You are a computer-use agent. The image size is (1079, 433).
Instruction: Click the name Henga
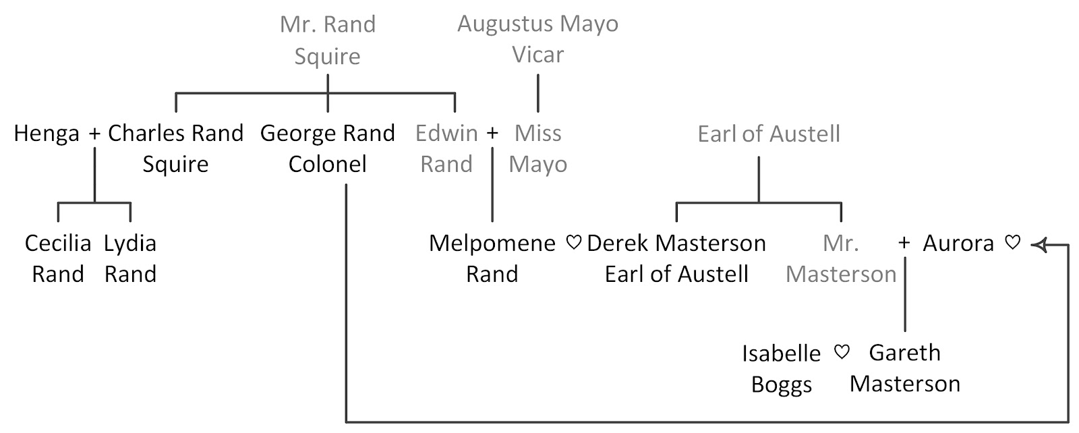tap(47, 134)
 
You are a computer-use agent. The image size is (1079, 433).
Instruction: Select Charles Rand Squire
tap(175, 148)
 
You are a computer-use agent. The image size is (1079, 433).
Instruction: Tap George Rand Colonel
tap(328, 148)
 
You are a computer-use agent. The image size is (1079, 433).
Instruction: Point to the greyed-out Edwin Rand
tap(446, 148)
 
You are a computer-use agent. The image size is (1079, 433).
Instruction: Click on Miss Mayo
tap(537, 148)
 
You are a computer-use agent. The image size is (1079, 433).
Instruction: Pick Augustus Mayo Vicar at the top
tap(537, 39)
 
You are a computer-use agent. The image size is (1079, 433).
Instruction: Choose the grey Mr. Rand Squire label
tap(328, 40)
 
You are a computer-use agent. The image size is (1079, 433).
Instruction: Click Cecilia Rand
tap(58, 258)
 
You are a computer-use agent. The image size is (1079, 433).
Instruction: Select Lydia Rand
tap(130, 258)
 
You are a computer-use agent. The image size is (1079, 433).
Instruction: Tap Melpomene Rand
tap(492, 258)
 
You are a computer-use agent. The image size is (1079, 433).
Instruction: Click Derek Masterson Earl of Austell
tap(676, 258)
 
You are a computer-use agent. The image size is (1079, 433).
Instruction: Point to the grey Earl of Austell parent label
tap(769, 134)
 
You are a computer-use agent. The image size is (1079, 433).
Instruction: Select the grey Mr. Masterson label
tap(841, 258)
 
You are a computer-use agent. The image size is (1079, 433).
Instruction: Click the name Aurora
tap(958, 243)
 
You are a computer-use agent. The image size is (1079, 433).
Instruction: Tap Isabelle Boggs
tap(782, 368)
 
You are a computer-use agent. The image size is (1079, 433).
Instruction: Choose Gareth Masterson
tap(904, 368)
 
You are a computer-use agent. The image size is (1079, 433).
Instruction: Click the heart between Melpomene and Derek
tap(573, 243)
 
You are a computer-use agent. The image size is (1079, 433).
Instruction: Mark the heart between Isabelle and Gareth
tap(841, 352)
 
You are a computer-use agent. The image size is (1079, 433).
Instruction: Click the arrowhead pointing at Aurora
tap(1038, 245)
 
